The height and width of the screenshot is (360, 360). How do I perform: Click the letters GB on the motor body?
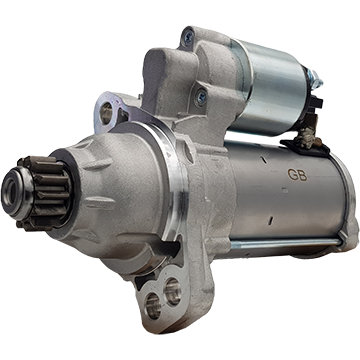(x=297, y=175)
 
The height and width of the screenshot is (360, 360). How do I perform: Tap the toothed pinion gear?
(x=47, y=193)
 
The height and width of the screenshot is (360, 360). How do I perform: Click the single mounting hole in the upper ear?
(x=106, y=112)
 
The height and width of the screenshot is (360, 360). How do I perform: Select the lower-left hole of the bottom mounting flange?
(x=153, y=306)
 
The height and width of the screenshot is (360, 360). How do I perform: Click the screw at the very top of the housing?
(x=189, y=36)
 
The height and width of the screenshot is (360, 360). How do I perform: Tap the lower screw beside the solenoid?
(x=201, y=97)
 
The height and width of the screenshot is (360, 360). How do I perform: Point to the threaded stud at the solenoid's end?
(x=316, y=79)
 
